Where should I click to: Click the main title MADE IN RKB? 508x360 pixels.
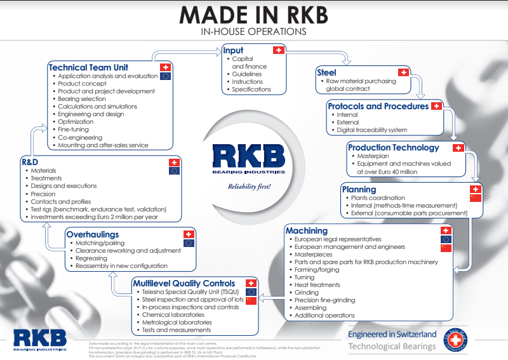click(x=253, y=15)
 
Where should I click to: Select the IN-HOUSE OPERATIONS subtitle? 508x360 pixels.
click(x=253, y=31)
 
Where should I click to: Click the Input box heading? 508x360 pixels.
click(x=233, y=50)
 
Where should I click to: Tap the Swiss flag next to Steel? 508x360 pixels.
click(x=403, y=73)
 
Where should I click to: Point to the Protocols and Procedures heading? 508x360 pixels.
click(x=378, y=106)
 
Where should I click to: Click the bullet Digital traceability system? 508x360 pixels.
click(x=372, y=130)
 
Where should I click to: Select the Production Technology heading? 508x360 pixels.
click(x=393, y=147)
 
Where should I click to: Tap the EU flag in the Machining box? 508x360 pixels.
click(x=446, y=239)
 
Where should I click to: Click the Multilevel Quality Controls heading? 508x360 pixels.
click(x=184, y=283)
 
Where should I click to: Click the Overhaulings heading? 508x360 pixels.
click(x=92, y=234)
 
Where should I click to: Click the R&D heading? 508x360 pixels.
click(x=30, y=162)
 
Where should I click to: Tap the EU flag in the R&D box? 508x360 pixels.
click(x=175, y=171)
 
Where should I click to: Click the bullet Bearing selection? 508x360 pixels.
click(x=82, y=99)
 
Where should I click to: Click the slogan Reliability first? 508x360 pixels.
click(x=250, y=187)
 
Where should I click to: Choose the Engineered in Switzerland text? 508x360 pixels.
click(x=392, y=334)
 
